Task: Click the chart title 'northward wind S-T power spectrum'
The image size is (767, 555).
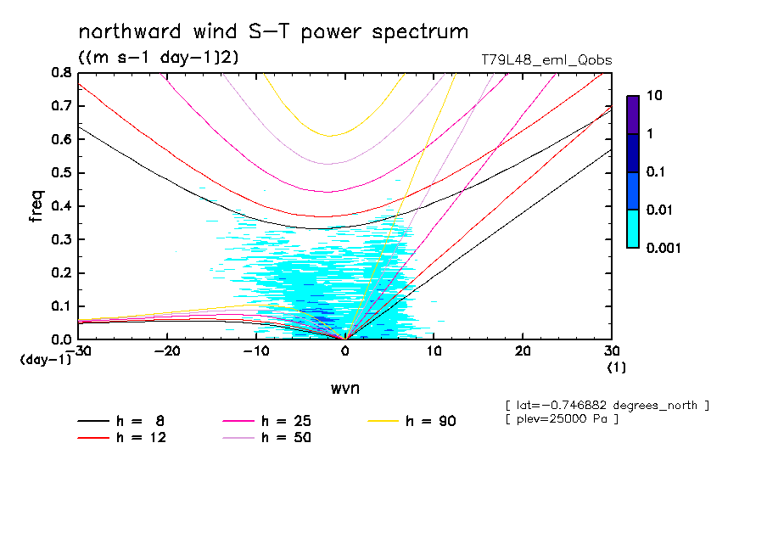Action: click(x=273, y=32)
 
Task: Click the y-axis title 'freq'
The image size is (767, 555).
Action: click(x=36, y=206)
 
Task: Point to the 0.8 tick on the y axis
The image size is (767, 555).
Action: click(x=61, y=73)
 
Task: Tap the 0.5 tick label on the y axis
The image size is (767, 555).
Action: click(x=61, y=173)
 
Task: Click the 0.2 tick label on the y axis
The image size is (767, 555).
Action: click(x=61, y=272)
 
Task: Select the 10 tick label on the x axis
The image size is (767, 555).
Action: click(x=434, y=351)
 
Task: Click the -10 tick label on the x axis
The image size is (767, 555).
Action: click(x=255, y=351)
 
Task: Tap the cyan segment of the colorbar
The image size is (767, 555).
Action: click(x=632, y=228)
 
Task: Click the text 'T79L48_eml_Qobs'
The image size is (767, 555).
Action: click(x=546, y=60)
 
